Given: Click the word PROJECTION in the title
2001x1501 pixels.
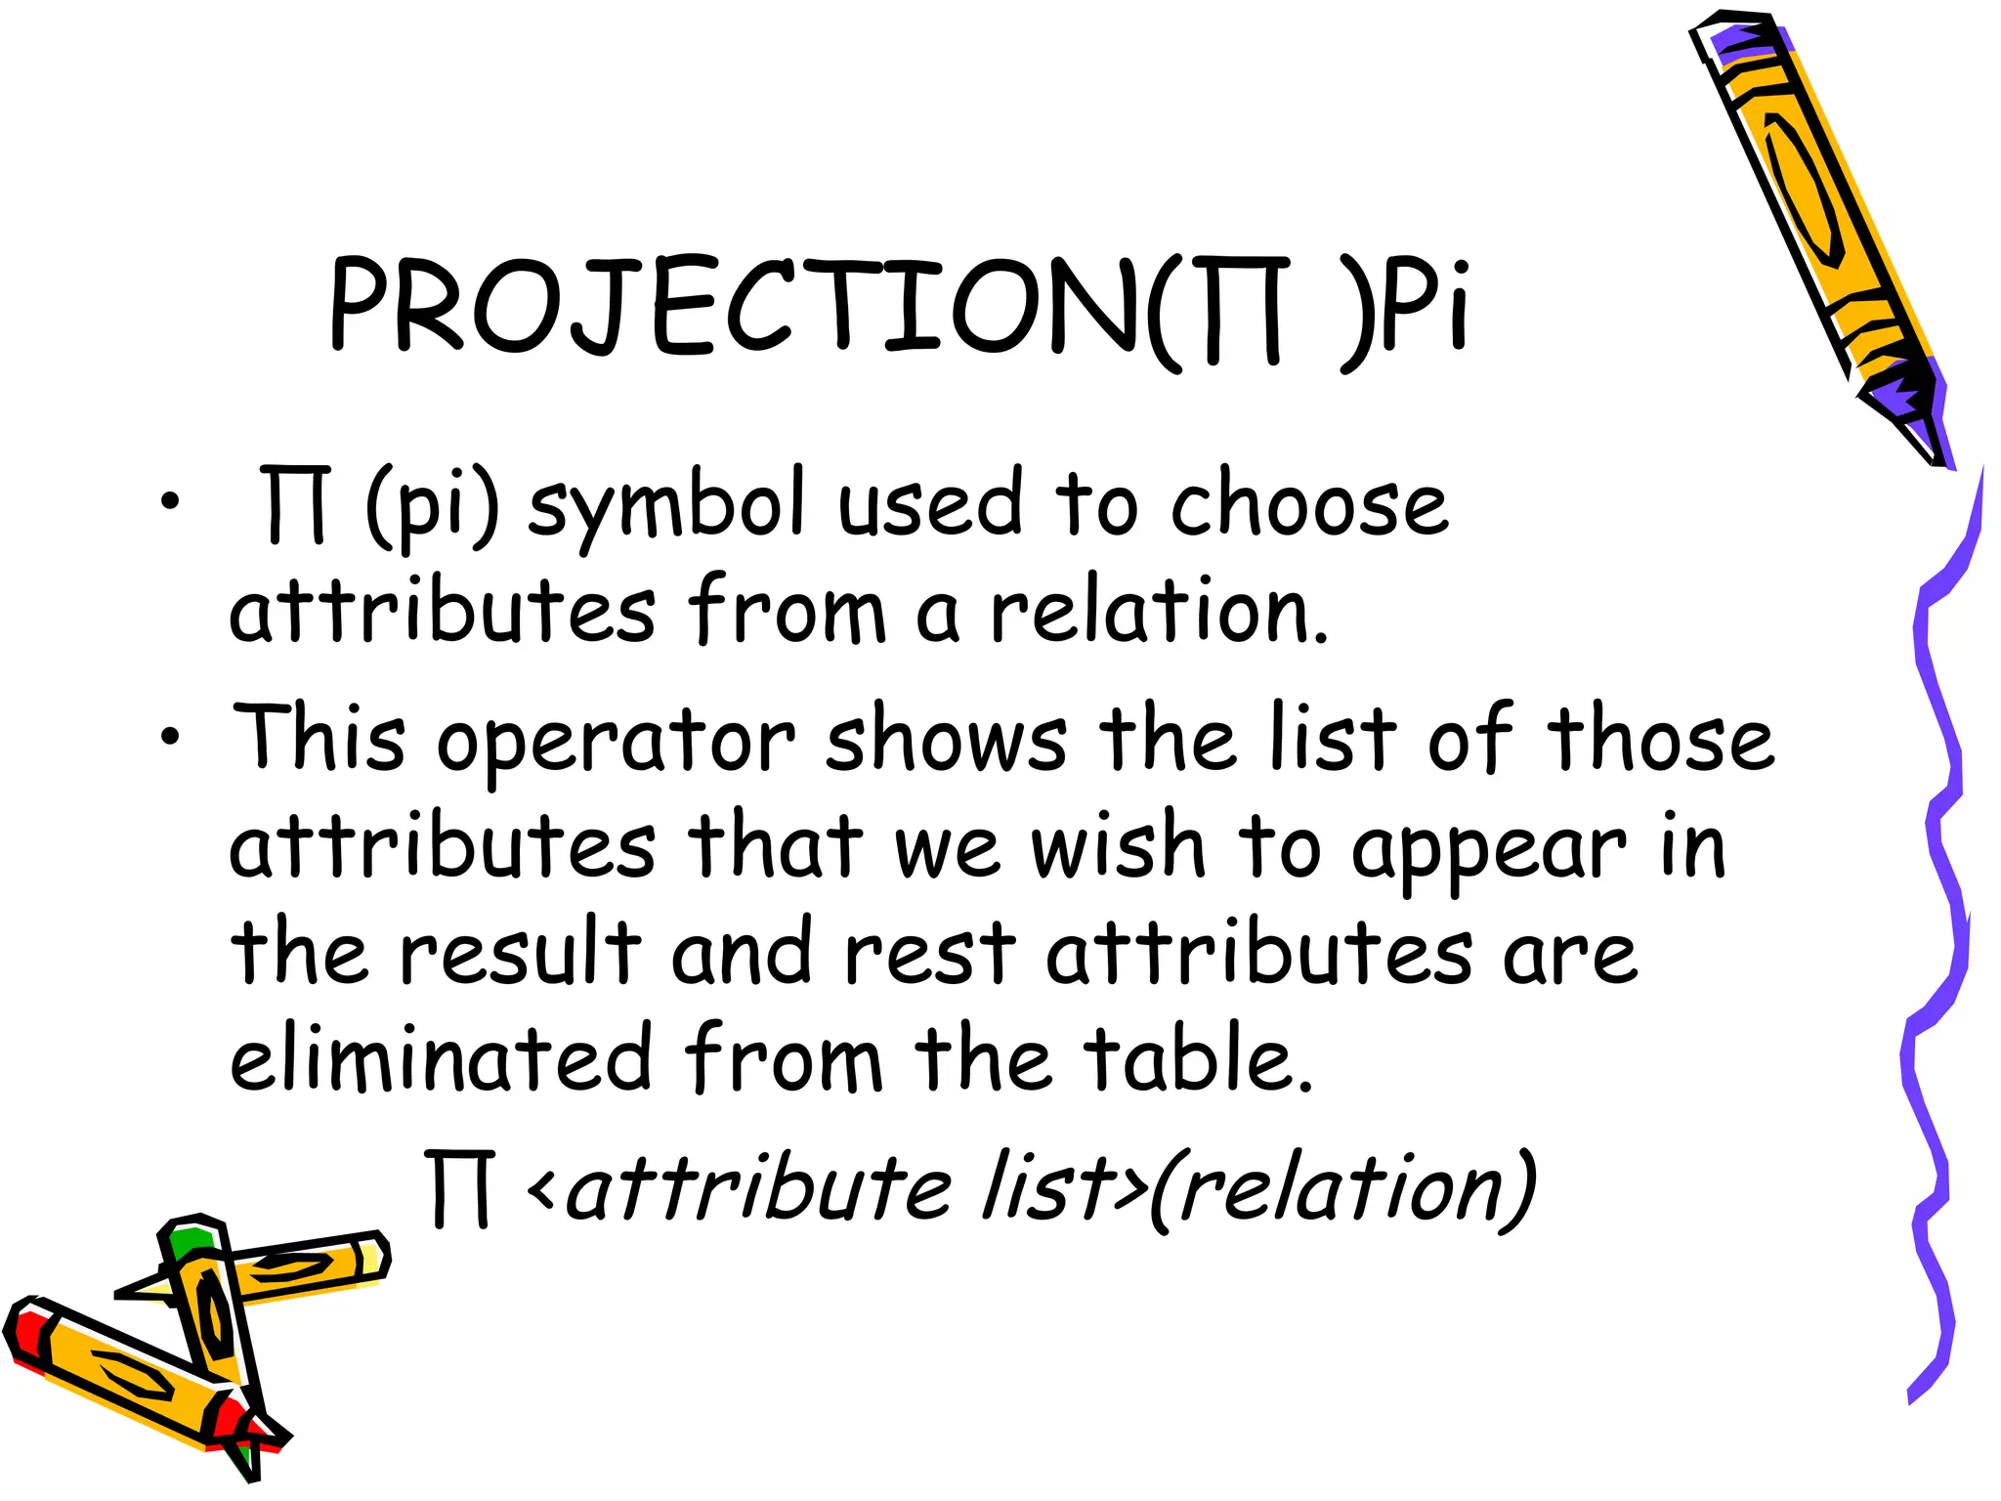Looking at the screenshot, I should coord(733,305).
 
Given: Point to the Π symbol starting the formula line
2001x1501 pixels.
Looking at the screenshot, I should coord(459,1188).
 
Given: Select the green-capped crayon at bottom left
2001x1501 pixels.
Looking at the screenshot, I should coord(210,1319).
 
